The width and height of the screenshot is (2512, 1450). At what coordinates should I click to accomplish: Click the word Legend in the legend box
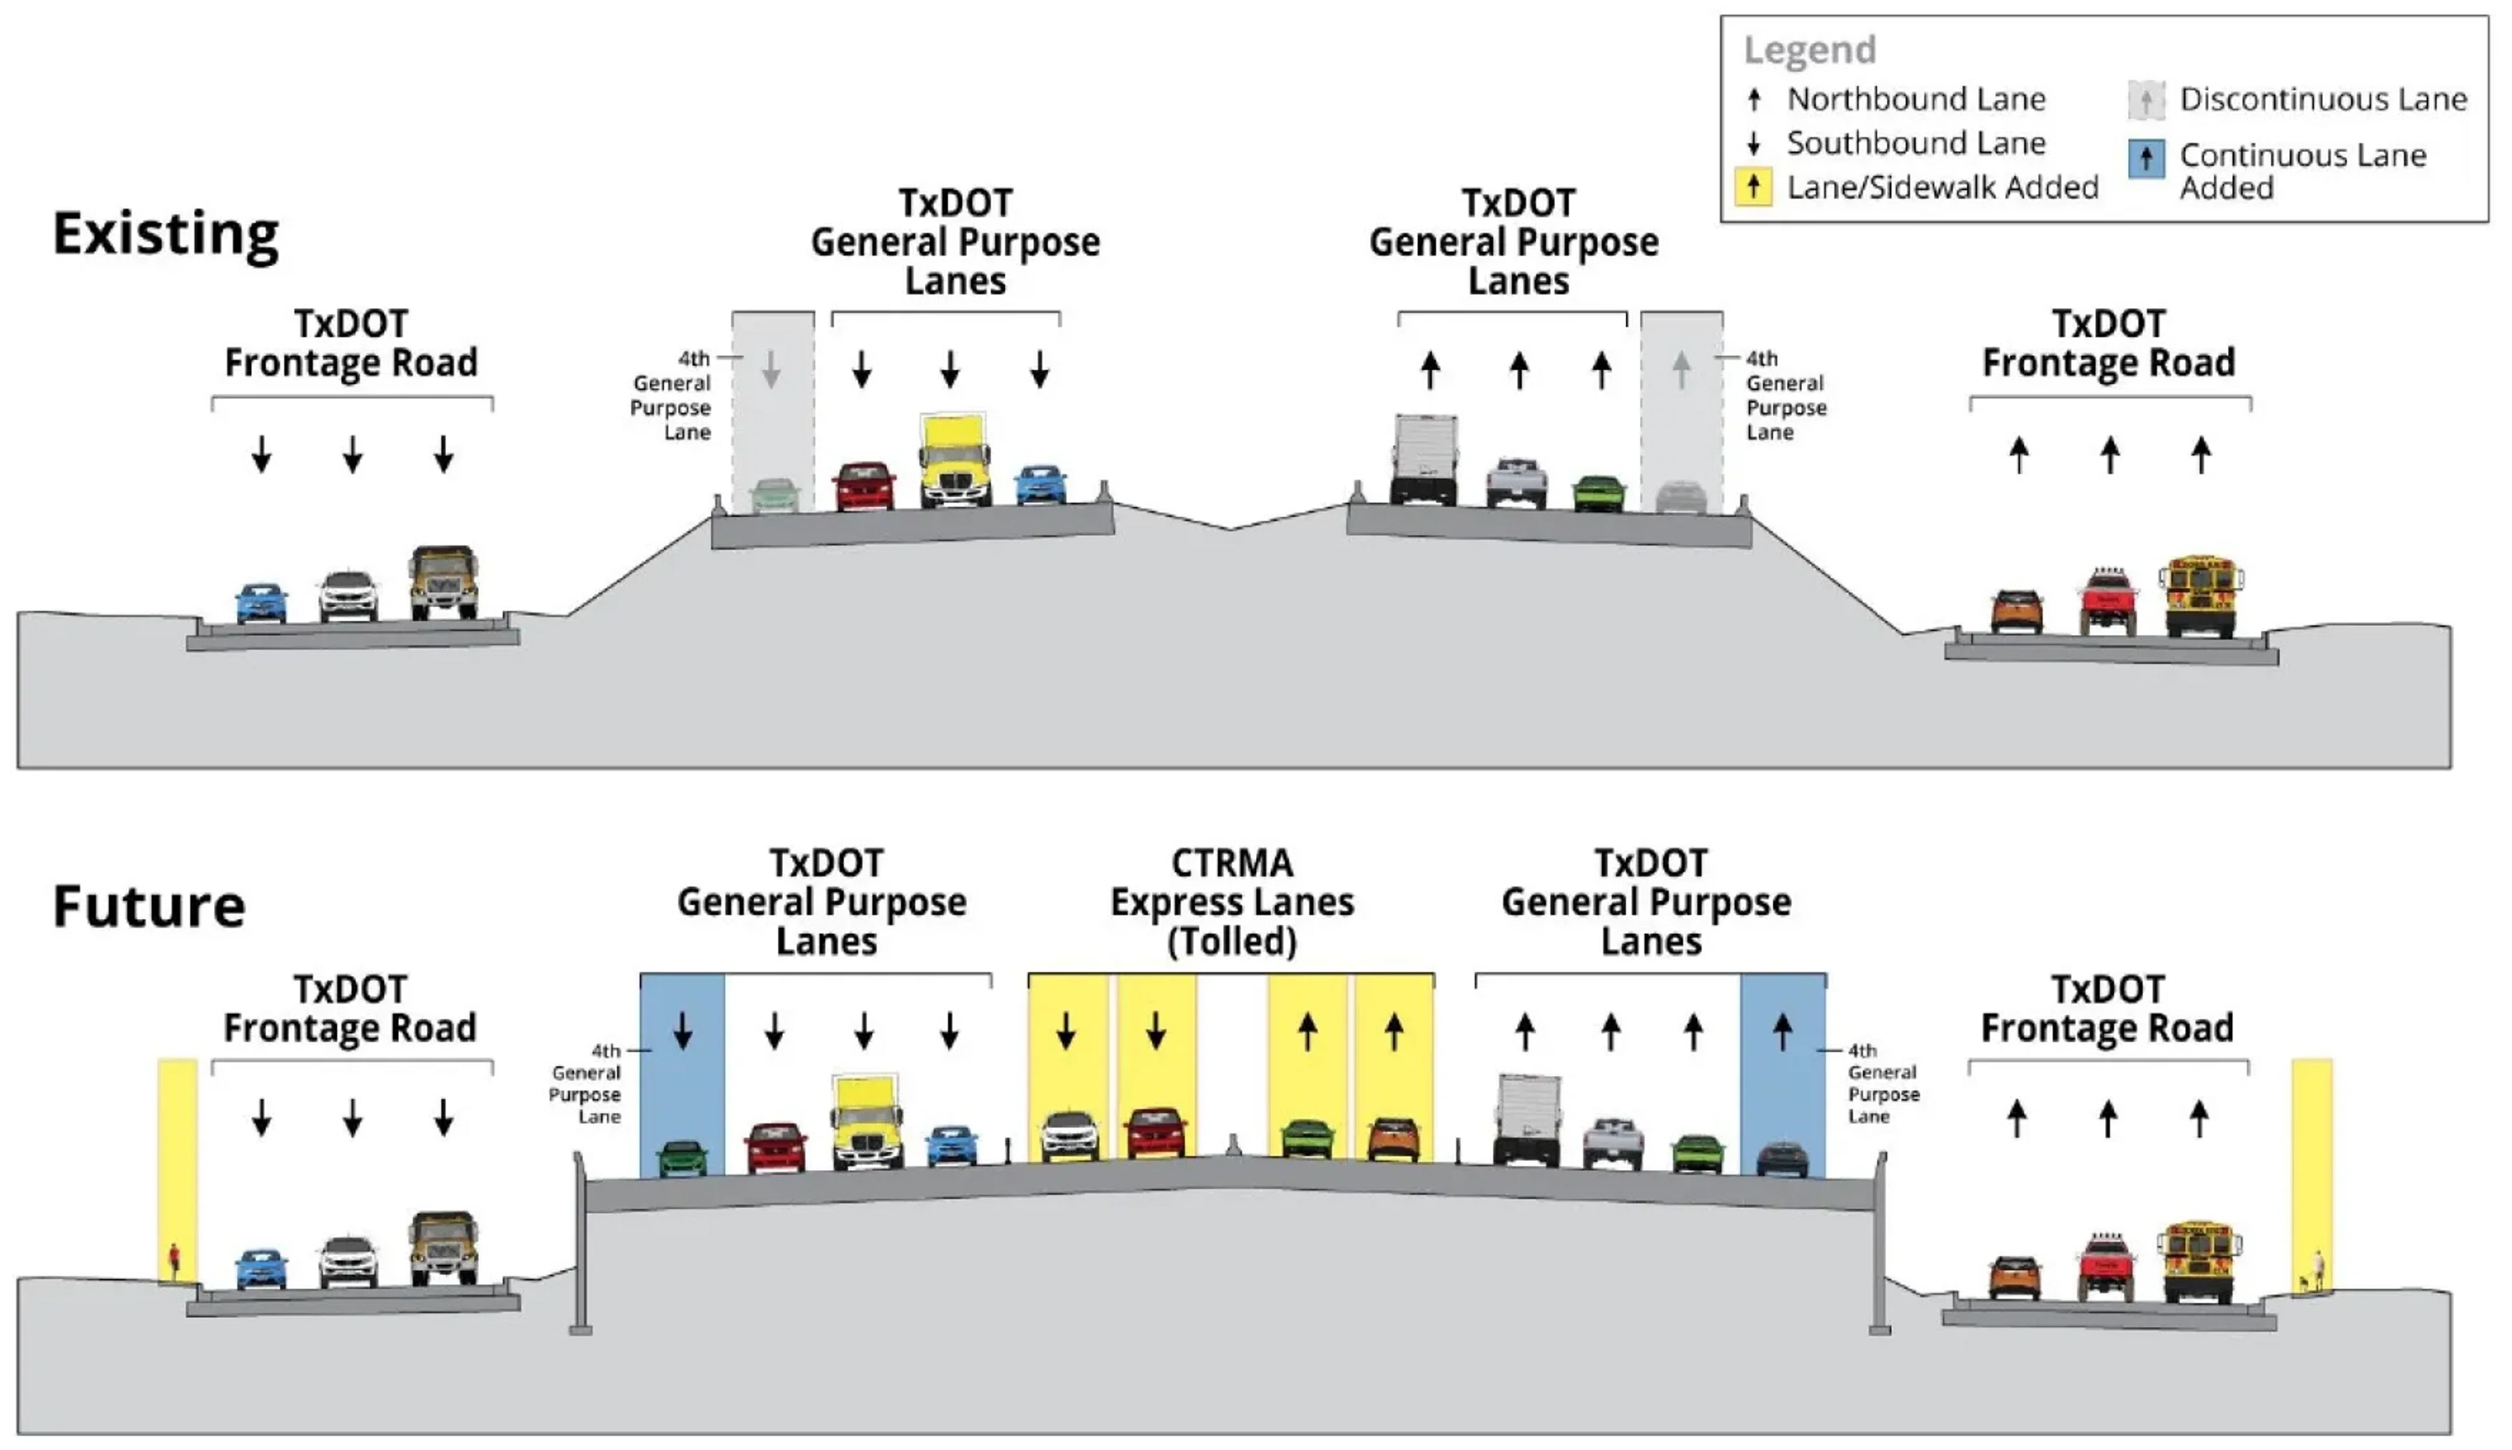1809,50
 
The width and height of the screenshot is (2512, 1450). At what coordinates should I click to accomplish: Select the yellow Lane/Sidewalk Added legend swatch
1753,186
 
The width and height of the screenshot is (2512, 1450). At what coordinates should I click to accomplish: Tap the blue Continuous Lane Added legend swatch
2146,158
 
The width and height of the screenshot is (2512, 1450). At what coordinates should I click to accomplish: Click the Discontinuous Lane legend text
2323,99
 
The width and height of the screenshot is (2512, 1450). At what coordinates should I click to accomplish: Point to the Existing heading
166,235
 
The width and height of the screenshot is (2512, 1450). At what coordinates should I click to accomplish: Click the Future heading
148,906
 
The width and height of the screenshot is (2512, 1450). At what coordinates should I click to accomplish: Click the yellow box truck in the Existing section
954,460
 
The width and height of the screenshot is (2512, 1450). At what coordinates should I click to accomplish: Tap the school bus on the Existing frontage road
2199,596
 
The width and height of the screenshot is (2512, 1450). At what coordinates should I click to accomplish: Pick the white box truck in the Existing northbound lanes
1423,459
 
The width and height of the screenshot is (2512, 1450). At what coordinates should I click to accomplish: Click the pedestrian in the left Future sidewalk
174,1261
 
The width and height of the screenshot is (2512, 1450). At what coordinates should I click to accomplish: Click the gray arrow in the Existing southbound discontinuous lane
771,370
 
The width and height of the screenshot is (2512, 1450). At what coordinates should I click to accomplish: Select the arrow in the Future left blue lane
682,1031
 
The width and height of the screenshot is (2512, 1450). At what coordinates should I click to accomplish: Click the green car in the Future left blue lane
682,1158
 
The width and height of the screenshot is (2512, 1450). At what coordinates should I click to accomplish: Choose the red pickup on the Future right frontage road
2106,1267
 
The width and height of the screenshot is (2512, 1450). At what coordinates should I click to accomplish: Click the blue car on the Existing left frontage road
262,602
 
